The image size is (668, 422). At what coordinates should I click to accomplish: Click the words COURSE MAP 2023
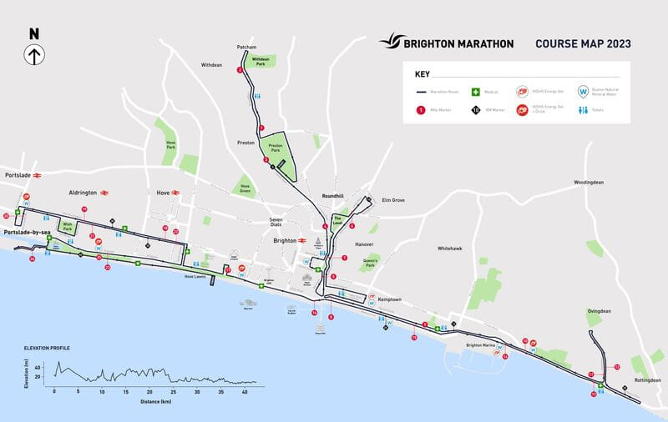[583, 43]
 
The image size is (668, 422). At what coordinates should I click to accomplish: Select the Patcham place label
[245, 48]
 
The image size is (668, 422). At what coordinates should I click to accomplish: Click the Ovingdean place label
[600, 311]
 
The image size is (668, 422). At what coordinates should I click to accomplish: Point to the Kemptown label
[389, 299]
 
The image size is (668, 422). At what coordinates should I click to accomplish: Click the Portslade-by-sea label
[27, 233]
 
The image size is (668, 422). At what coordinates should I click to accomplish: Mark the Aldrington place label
[83, 192]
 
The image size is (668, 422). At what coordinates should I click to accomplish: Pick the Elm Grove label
[392, 200]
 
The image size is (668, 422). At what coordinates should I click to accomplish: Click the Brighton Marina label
[481, 344]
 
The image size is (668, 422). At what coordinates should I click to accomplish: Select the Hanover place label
[363, 245]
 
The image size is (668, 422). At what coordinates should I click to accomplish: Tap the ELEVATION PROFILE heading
[47, 347]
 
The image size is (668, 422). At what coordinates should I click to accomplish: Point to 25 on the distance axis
[173, 390]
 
